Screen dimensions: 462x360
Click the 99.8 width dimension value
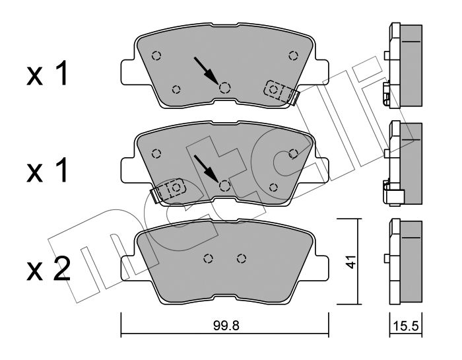click(226, 326)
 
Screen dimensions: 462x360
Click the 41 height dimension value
click(350, 262)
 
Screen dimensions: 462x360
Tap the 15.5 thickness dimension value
click(406, 326)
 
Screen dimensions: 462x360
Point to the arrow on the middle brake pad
click(206, 168)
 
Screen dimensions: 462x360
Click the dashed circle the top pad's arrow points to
click(225, 88)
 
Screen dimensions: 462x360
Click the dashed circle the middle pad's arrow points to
click(225, 186)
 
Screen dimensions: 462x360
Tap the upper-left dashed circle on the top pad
click(156, 55)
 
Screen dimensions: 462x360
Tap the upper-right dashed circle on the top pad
click(293, 55)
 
